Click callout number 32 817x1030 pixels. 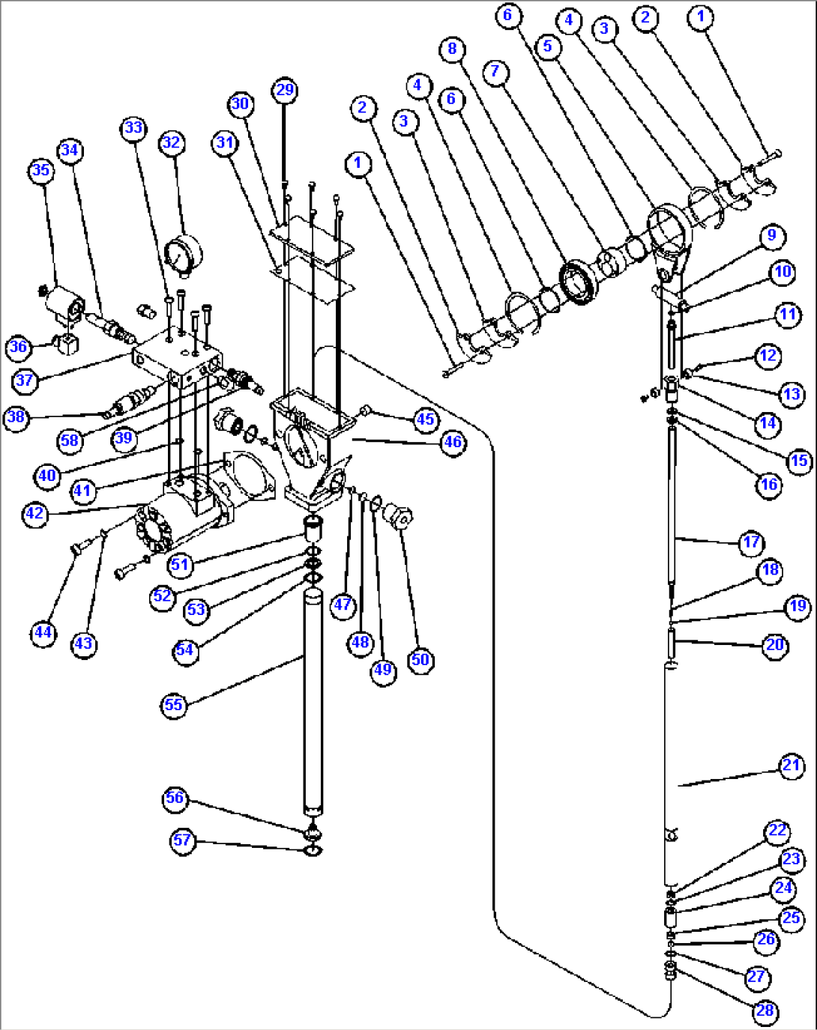point(172,142)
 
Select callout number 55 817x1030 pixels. point(173,705)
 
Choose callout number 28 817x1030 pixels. point(765,1011)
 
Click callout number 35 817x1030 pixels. point(40,170)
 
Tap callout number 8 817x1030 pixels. point(452,49)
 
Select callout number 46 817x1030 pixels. point(453,442)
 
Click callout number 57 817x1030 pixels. point(182,840)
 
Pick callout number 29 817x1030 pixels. point(285,91)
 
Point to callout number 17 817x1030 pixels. point(752,542)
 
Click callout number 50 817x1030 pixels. point(420,659)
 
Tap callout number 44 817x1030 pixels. point(43,632)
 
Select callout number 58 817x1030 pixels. point(70,440)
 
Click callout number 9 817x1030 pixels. point(771,236)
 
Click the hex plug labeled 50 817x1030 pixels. point(397,516)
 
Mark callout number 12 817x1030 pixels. point(768,355)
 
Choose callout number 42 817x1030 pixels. point(34,514)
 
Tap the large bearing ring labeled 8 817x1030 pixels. point(578,282)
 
